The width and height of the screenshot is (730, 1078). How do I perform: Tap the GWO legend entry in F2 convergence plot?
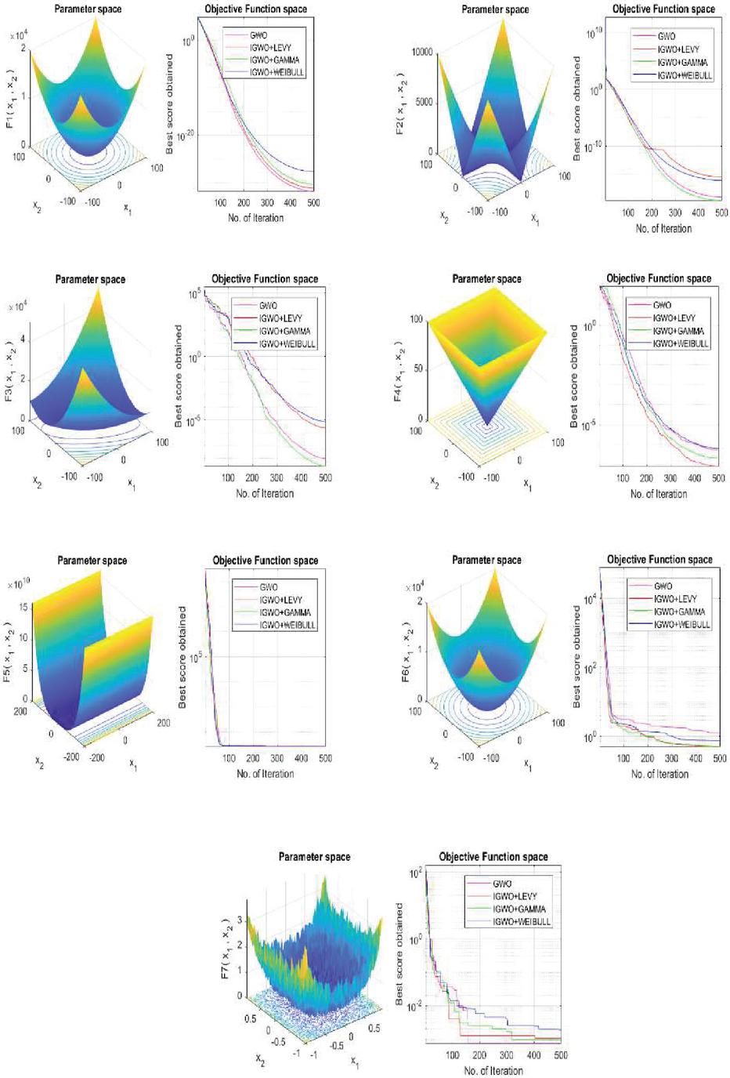[x=666, y=37]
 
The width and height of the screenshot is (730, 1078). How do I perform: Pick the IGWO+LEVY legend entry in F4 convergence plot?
[x=674, y=318]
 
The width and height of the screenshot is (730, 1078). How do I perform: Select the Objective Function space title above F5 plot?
[x=266, y=561]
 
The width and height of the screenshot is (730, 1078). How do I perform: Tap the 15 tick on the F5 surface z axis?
[x=23, y=608]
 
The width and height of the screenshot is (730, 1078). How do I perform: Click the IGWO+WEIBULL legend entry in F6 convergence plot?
[x=681, y=624]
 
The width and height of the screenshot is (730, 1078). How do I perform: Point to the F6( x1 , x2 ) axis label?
[x=406, y=652]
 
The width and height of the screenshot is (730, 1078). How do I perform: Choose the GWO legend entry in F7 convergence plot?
[x=502, y=884]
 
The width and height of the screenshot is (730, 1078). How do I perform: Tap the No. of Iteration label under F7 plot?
[x=493, y=1070]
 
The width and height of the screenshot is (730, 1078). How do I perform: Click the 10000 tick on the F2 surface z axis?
[x=422, y=52]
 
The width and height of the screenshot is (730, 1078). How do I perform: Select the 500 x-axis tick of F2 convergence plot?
[x=721, y=212]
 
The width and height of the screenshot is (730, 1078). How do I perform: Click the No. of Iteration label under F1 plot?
[x=255, y=217]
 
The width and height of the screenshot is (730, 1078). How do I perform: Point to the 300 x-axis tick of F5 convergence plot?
[x=277, y=758]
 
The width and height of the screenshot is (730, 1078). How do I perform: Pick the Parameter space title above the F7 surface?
[x=315, y=857]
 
